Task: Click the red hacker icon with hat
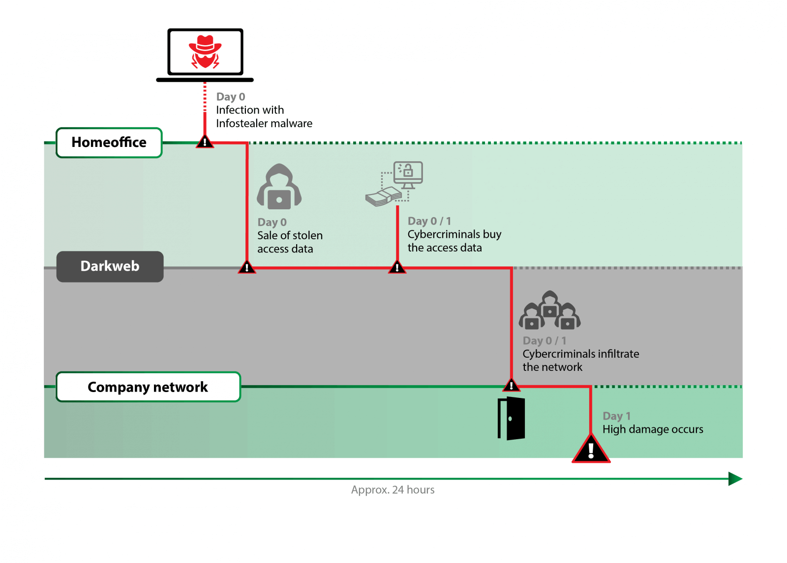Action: coord(205,52)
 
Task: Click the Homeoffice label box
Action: coord(109,142)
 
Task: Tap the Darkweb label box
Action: coord(110,266)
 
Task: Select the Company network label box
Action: coord(148,387)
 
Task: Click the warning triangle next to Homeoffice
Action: coord(205,142)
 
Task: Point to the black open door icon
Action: coord(512,419)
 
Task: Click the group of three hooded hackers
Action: coord(549,311)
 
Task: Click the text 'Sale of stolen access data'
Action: coord(290,242)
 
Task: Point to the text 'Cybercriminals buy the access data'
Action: coord(454,241)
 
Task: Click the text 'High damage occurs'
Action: coord(653,429)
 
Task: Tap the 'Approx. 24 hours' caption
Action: coord(393,490)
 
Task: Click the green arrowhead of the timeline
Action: coord(735,479)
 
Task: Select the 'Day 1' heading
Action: coord(616,416)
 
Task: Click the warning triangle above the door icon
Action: coord(512,385)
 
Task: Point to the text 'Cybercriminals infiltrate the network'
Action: coord(580,361)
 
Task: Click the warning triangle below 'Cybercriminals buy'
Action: coord(397,268)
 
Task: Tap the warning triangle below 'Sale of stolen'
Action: coord(247,268)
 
